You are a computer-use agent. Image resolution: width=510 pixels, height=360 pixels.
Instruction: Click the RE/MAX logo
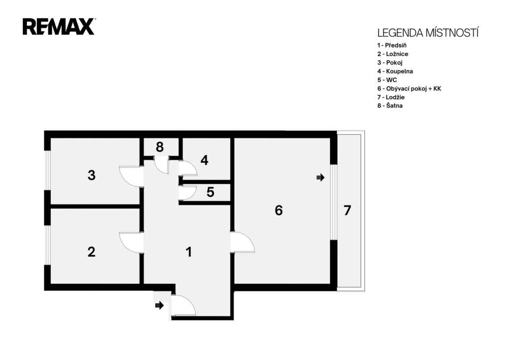point(59,27)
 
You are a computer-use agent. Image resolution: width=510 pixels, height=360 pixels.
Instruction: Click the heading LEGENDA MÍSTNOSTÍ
point(428,33)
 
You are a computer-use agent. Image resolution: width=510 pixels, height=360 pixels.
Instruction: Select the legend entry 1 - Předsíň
point(392,45)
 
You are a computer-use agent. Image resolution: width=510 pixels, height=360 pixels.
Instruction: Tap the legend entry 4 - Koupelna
point(395,71)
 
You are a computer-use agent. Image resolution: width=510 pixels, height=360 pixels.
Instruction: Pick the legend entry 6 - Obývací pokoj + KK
point(409,89)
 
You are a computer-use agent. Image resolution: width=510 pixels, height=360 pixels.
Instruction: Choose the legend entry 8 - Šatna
point(390,106)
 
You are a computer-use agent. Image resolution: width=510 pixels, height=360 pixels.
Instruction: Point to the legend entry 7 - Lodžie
point(391,97)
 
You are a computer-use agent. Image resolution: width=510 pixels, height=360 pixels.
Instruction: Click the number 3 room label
point(92,175)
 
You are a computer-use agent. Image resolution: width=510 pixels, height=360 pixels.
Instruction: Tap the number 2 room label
point(92,252)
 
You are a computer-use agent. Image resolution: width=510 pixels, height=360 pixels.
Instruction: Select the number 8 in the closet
point(160,147)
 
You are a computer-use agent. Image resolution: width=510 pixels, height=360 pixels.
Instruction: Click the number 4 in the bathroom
point(204,160)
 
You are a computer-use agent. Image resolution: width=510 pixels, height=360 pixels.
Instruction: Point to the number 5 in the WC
point(211,192)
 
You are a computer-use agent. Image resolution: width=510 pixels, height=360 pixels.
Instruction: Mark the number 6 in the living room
point(279,211)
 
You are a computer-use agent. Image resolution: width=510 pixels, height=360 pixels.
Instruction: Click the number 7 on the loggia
point(347,211)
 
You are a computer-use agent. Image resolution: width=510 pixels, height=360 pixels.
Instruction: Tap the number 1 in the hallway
point(189,252)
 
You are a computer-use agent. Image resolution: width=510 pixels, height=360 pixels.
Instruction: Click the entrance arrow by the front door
point(159,305)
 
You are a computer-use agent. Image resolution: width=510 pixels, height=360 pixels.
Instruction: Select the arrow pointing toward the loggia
point(321,178)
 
